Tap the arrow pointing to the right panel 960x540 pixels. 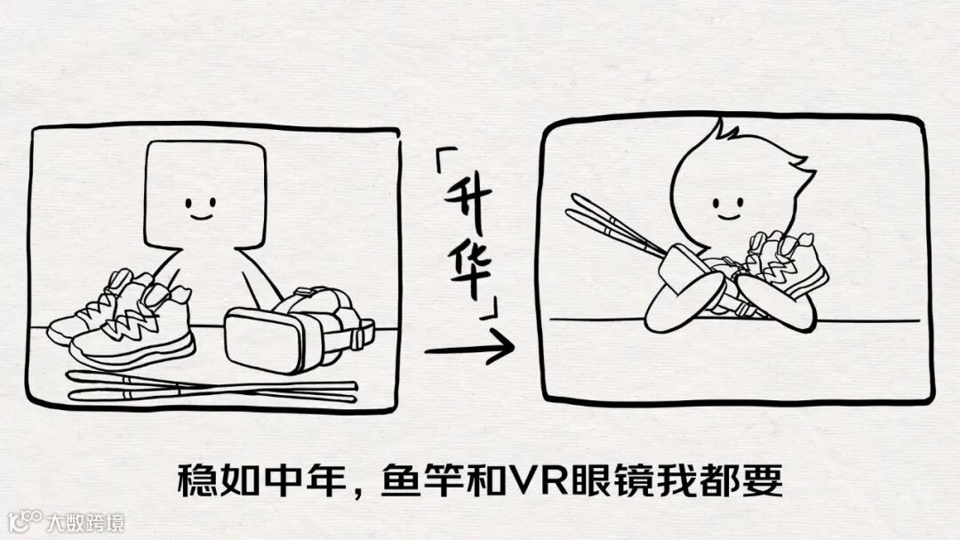pos(469,349)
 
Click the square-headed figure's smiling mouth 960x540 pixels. pos(200,216)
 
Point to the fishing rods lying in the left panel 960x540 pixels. pos(212,388)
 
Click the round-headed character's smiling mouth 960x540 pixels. pos(729,216)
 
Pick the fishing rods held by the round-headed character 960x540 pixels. pos(614,230)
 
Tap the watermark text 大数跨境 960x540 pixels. pos(85,523)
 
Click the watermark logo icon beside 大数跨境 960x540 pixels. pos(25,521)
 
